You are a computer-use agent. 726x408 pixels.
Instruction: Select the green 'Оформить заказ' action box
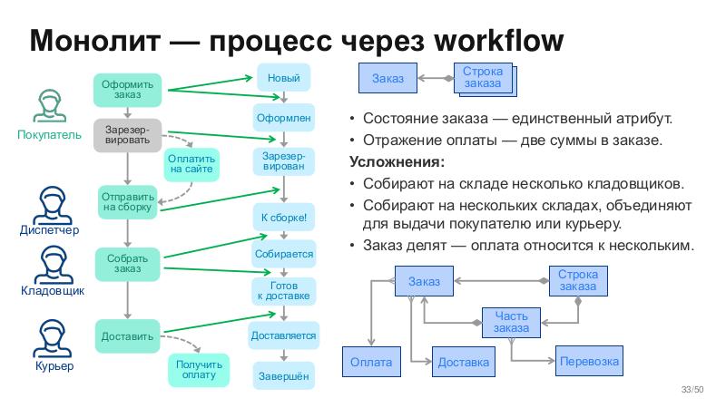(127, 89)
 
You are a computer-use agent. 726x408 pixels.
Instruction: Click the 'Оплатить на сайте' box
(191, 163)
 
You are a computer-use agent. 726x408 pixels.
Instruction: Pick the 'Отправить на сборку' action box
(127, 201)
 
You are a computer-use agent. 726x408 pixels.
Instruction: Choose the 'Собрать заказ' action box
(127, 264)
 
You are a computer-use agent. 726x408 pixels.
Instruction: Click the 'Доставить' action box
(127, 335)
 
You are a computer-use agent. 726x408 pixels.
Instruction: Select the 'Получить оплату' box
(199, 370)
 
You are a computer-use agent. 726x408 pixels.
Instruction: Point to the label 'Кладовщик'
(53, 292)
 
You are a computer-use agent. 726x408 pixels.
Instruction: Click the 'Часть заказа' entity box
(511, 321)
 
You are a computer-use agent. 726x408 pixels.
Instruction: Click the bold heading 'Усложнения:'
(397, 162)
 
